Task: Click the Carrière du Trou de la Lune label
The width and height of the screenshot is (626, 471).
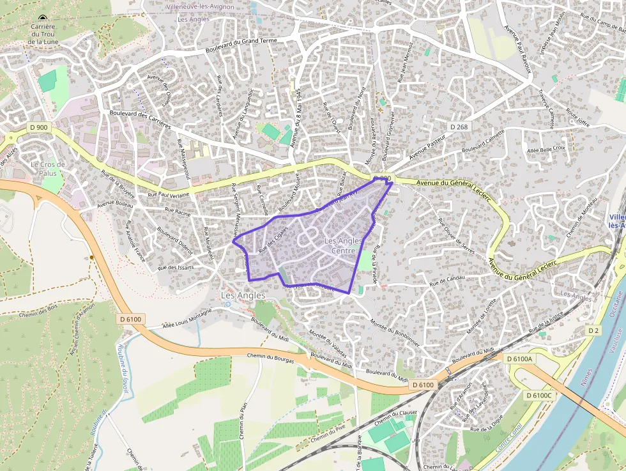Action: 43,35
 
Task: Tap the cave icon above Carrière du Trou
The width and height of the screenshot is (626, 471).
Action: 43,19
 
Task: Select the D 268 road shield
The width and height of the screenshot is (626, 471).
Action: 459,127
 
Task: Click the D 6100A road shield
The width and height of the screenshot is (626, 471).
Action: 519,359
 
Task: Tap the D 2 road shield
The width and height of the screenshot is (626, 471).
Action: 593,330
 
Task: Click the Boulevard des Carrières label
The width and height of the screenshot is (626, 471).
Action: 140,121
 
